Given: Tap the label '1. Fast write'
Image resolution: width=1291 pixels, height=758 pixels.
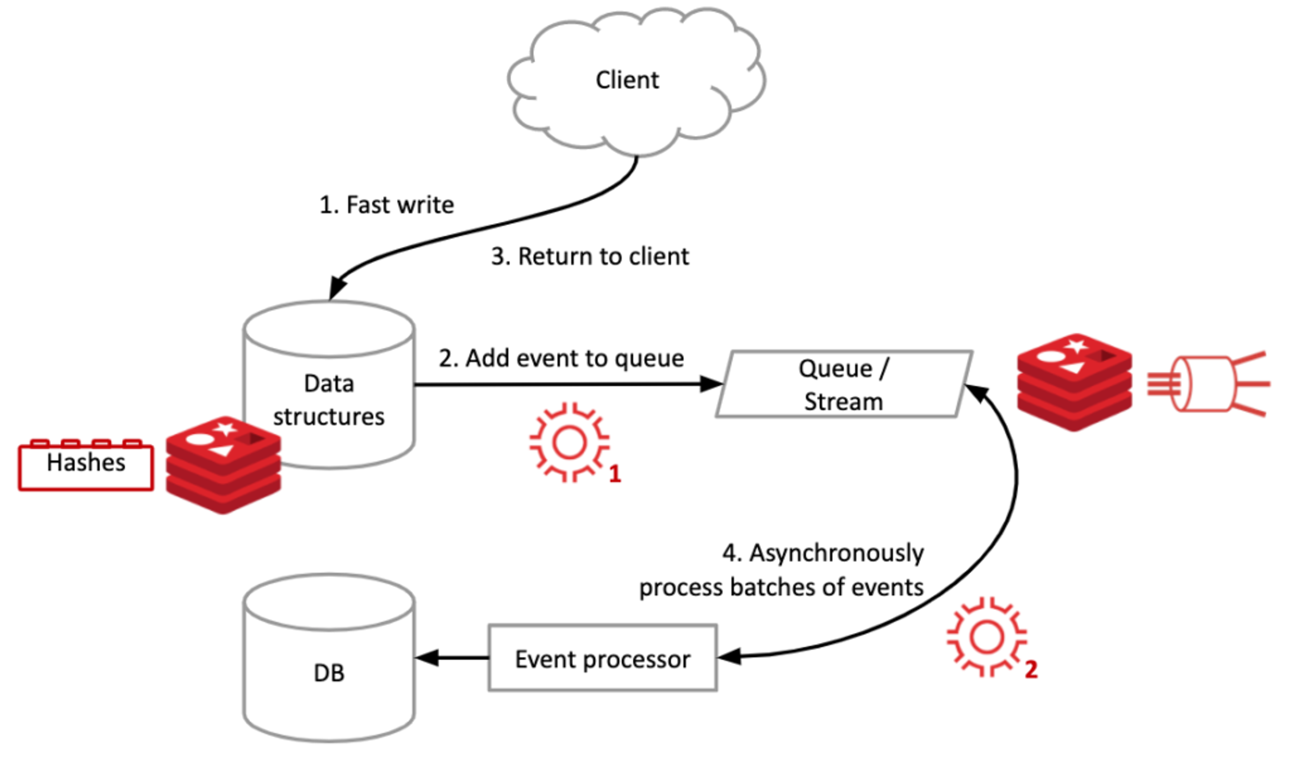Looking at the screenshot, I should (x=387, y=205).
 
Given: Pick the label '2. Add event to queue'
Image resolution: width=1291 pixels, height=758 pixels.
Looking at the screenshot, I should (x=561, y=358).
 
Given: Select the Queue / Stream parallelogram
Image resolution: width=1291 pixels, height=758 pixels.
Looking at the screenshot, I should (x=844, y=384).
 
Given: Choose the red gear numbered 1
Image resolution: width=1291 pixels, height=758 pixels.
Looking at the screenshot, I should (x=569, y=442).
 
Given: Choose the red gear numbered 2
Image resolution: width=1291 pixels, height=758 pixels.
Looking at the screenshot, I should (x=986, y=637).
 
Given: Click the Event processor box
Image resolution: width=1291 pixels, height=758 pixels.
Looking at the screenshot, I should (x=602, y=658).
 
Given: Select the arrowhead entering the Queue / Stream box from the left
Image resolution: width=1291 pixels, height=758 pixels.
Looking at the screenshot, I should (x=711, y=384).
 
